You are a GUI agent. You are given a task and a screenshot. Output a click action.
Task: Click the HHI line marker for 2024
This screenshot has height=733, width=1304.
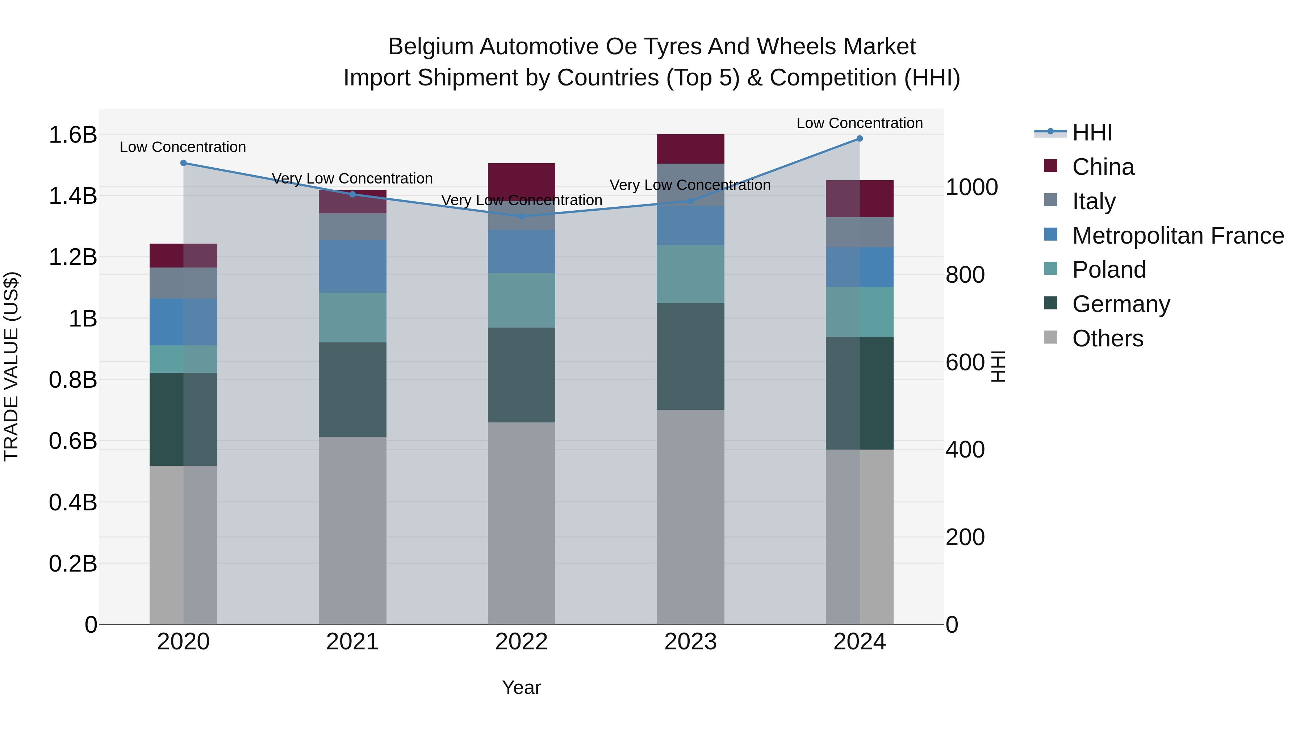[x=859, y=139]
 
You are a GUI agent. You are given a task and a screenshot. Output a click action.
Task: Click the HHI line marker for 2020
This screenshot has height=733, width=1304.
[x=183, y=163]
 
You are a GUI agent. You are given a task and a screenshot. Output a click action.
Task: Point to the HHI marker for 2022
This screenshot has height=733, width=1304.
[x=521, y=216]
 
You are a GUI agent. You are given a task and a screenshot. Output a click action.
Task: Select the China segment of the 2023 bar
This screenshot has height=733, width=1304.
[x=690, y=149]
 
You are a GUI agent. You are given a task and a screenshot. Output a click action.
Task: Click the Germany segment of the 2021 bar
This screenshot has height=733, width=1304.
[x=352, y=389]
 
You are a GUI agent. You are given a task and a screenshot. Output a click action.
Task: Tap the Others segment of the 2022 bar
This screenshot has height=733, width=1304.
[x=521, y=523]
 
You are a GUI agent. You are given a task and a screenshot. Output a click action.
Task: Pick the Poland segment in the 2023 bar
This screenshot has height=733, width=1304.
[x=690, y=274]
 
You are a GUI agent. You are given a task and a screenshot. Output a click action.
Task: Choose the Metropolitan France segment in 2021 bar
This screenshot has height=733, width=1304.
[x=352, y=266]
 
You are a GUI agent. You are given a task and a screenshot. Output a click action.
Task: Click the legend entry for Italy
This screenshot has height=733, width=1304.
[x=1094, y=201]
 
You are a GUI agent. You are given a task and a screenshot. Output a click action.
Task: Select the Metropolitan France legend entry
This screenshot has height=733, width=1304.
[x=1178, y=236]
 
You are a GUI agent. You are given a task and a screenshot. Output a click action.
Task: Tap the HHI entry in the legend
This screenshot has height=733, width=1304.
[x=1092, y=132]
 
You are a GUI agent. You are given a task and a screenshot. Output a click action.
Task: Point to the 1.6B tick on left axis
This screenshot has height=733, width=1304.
[x=73, y=135]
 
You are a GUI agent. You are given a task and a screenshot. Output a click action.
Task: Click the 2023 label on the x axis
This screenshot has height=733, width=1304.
[x=690, y=642]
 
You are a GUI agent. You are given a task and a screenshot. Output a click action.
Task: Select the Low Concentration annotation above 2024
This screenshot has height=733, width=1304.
[x=859, y=123]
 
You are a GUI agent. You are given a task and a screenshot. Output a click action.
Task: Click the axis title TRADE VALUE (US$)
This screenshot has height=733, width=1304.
[x=11, y=366]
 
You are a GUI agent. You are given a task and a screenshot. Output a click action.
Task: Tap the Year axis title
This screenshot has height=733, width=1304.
[x=521, y=687]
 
